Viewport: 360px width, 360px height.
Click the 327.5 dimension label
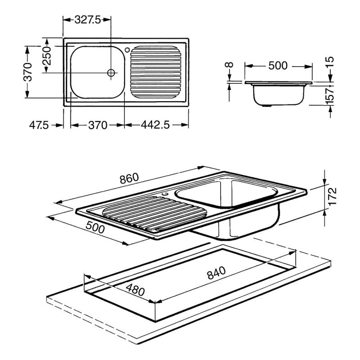click(x=87, y=20)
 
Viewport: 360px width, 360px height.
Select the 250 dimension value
click(x=47, y=56)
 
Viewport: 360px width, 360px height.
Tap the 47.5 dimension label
click(x=39, y=125)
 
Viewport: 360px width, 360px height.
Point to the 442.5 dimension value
click(x=155, y=125)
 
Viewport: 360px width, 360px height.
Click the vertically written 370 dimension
click(x=28, y=72)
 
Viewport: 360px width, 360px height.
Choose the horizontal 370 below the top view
click(x=98, y=126)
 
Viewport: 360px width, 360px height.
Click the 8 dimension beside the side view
click(x=229, y=64)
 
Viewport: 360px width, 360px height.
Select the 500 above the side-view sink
click(x=278, y=66)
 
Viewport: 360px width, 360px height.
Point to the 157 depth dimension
click(x=329, y=95)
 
